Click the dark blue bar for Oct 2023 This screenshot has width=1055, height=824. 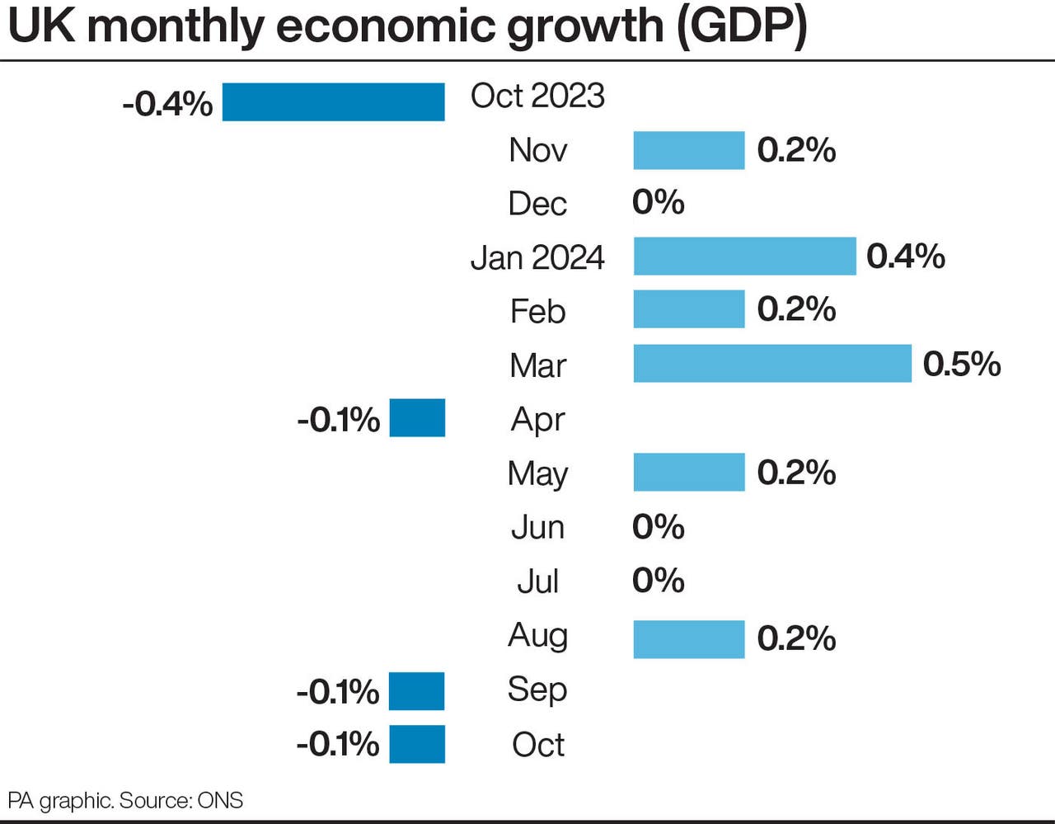333,102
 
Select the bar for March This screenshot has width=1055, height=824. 772,364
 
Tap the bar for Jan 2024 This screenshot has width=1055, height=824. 744,257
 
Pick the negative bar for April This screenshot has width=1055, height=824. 417,418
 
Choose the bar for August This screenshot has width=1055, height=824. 688,639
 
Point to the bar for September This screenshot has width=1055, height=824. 416,691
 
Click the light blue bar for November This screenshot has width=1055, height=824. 688,150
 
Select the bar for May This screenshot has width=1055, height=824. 688,472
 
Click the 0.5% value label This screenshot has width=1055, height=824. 961,364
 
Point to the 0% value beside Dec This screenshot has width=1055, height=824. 658,202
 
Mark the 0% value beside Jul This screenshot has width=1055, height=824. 658,581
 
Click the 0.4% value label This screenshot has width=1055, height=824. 905,257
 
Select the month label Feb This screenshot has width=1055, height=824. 537,312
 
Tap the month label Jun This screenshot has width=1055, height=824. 537,527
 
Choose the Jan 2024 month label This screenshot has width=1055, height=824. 537,257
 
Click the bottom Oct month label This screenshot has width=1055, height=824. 537,745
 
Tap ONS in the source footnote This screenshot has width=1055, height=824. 220,800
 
